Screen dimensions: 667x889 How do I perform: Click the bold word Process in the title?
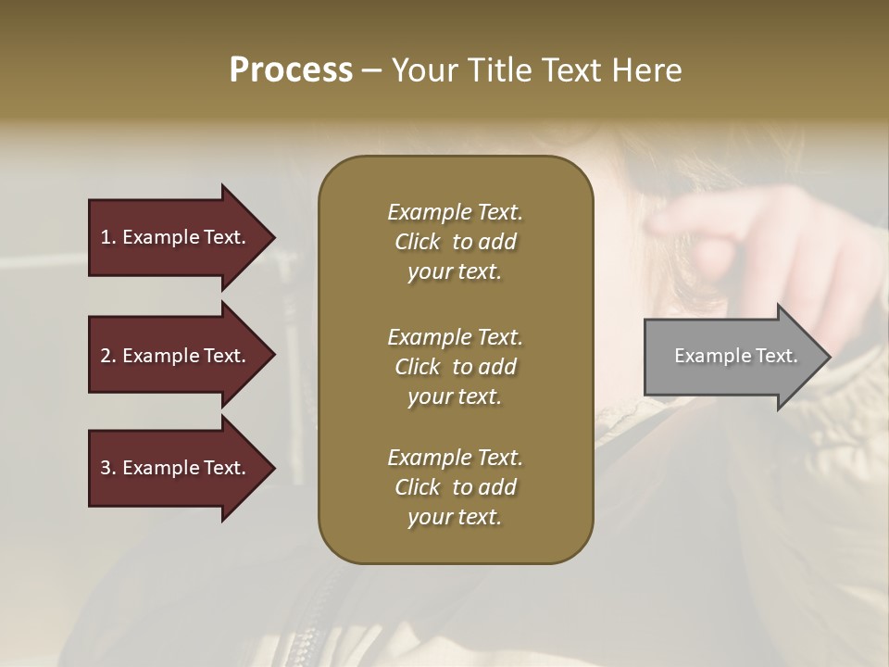291,70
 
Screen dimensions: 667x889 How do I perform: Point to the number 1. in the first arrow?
107,237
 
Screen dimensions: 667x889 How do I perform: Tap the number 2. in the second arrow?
107,356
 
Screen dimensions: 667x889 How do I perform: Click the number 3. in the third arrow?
107,468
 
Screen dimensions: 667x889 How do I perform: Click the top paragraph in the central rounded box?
455,242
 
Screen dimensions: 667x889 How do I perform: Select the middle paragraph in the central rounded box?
455,366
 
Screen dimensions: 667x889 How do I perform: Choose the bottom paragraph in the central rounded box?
455,487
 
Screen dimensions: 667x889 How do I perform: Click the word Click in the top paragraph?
417,242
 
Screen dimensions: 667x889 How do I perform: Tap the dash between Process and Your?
371,70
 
